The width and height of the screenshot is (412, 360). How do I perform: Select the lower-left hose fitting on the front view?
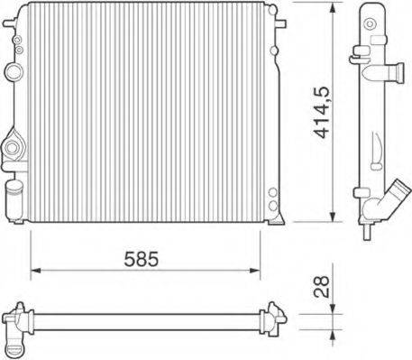tap(13, 145)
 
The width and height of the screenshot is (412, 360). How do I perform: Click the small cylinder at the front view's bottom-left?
tap(14, 192)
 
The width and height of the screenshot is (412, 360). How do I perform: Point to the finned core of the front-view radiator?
tap(144, 113)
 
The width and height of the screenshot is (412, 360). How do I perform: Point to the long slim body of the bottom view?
tap(144, 319)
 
